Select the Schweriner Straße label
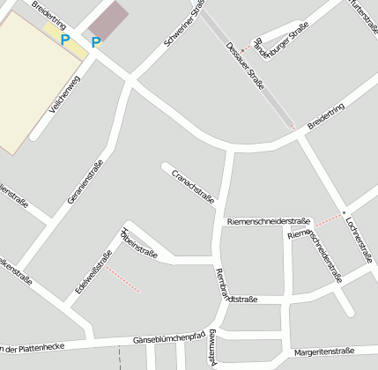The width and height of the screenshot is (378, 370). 184,24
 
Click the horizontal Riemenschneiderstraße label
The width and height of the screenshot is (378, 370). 269,221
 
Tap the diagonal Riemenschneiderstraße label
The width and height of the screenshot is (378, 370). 315,254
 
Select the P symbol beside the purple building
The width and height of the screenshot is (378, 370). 96,42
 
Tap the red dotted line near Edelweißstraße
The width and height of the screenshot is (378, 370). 123,279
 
